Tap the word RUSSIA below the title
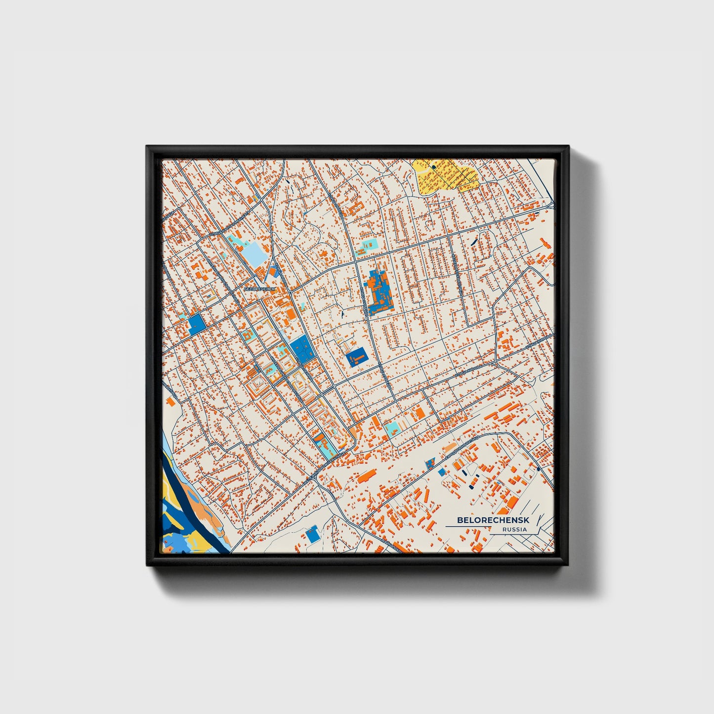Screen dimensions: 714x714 pyautogui.click(x=514, y=530)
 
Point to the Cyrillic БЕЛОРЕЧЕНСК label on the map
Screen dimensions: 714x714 pyautogui.click(x=259, y=287)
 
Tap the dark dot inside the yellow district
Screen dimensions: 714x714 pyautogui.click(x=434, y=167)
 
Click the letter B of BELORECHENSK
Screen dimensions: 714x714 pyautogui.click(x=460, y=520)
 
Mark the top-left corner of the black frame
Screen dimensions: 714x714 pyautogui.click(x=147, y=147)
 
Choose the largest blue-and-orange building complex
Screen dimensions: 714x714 pyautogui.click(x=378, y=292)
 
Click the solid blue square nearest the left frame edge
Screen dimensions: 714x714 pyautogui.click(x=196, y=324)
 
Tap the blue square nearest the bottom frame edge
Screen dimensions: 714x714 pyautogui.click(x=312, y=535)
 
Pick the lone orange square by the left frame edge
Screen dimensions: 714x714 pyautogui.click(x=171, y=401)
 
